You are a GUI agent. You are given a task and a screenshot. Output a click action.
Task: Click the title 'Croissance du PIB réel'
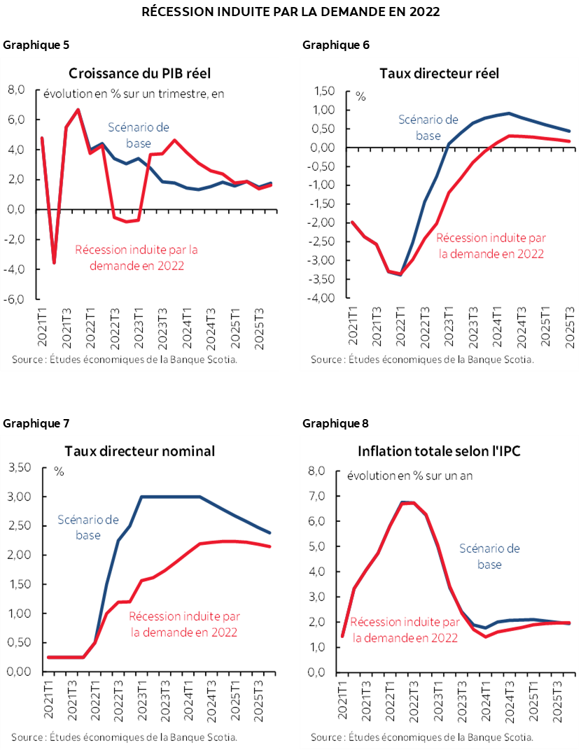(x=139, y=73)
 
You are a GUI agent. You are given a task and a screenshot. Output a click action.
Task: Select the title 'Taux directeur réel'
(x=439, y=73)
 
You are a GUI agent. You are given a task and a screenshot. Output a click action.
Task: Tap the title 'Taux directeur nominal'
(x=139, y=451)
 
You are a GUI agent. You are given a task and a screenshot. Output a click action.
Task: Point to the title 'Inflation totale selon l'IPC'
(x=439, y=451)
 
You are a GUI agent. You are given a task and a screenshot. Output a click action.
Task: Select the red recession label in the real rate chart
(x=491, y=246)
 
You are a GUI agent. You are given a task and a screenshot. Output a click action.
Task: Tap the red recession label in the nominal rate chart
(x=183, y=623)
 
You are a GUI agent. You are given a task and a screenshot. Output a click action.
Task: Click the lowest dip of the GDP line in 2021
(x=54, y=262)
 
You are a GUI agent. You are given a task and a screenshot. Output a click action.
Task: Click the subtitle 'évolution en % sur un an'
(x=409, y=476)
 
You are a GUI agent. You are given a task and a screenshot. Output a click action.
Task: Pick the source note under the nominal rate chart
(x=123, y=736)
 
